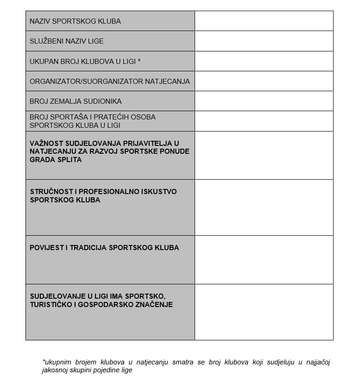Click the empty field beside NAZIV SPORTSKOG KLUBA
point(264,21)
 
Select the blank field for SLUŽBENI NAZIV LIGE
point(264,41)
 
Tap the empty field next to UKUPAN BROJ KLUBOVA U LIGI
point(264,61)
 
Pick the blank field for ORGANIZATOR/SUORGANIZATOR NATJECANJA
point(264,81)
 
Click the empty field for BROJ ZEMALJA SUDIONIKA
point(264,101)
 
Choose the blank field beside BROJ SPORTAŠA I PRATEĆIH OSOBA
point(264,121)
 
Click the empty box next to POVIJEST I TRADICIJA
point(264,260)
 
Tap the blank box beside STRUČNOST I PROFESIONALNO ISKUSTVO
point(264,207)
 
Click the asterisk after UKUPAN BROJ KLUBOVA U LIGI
point(139,61)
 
